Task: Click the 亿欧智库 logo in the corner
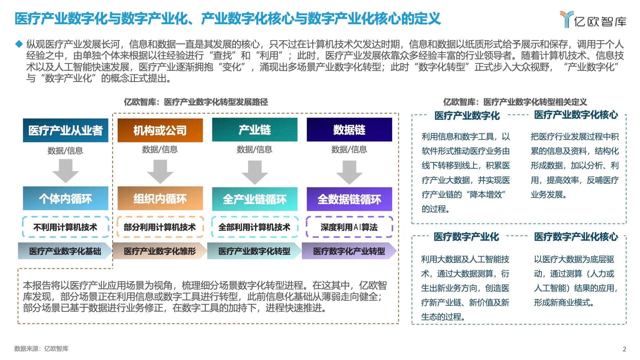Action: click(593, 20)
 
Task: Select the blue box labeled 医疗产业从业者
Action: click(66, 130)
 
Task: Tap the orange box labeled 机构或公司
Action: click(160, 130)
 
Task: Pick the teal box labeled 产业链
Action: click(255, 130)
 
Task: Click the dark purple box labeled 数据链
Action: click(349, 130)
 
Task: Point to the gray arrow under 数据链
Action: click(349, 172)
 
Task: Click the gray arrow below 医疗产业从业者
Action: click(66, 171)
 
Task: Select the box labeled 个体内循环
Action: click(66, 198)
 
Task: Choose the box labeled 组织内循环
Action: click(160, 198)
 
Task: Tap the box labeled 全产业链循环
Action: click(255, 199)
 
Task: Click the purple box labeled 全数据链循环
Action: click(349, 199)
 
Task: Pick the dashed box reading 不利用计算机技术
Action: click(66, 227)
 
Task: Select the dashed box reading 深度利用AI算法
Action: click(349, 227)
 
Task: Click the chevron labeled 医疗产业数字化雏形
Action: click(160, 251)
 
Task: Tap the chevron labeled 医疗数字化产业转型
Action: click(349, 251)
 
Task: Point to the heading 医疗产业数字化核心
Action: click(576, 115)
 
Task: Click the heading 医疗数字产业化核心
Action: click(576, 237)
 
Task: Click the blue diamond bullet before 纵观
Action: click(19, 44)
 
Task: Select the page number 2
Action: click(624, 349)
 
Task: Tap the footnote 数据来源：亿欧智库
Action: click(41, 349)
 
